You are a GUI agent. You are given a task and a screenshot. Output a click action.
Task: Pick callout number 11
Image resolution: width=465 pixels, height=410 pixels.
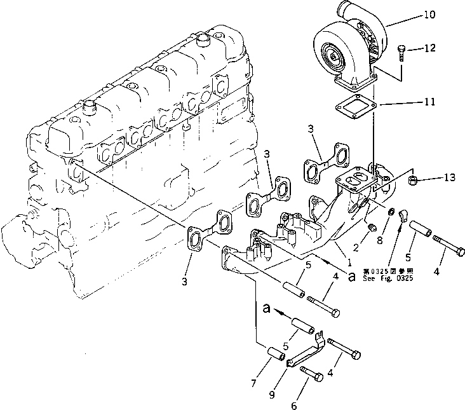pos(429,101)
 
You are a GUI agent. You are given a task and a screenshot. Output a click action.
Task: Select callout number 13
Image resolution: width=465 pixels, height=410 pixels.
pos(449,177)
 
